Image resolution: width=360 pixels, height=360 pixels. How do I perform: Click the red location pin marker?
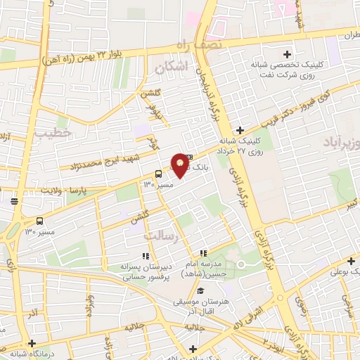click(180, 165)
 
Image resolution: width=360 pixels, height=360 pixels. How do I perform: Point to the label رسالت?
click(176, 239)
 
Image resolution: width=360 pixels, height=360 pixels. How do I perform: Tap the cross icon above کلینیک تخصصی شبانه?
click(286, 54)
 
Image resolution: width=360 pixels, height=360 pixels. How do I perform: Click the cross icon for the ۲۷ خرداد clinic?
click(240, 130)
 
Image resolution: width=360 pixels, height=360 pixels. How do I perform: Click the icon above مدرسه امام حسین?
click(203, 253)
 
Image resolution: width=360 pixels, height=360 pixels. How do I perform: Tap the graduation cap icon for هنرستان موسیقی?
click(200, 290)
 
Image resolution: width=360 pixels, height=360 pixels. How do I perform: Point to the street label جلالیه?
click(136, 328)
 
